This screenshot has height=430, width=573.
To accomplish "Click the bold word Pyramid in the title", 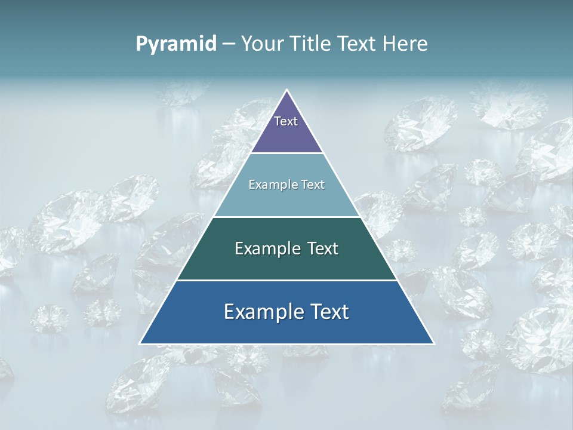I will [176, 44].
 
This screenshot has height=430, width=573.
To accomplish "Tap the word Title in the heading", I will [312, 44].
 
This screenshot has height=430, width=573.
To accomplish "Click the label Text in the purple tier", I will [286, 122].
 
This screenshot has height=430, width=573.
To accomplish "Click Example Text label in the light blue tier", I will [286, 185].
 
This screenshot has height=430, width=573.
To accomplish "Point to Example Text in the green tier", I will [286, 248].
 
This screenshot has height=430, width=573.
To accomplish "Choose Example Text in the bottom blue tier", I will [286, 312].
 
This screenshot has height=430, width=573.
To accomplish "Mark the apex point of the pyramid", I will [287, 90].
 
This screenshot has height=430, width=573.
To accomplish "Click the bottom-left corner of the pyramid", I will [140, 343].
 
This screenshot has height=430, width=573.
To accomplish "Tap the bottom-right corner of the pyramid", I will [433, 343].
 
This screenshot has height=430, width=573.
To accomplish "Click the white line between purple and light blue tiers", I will [287, 153].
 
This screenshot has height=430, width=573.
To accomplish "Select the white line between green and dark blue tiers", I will [287, 280].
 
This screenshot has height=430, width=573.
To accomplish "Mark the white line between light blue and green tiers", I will [287, 217].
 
